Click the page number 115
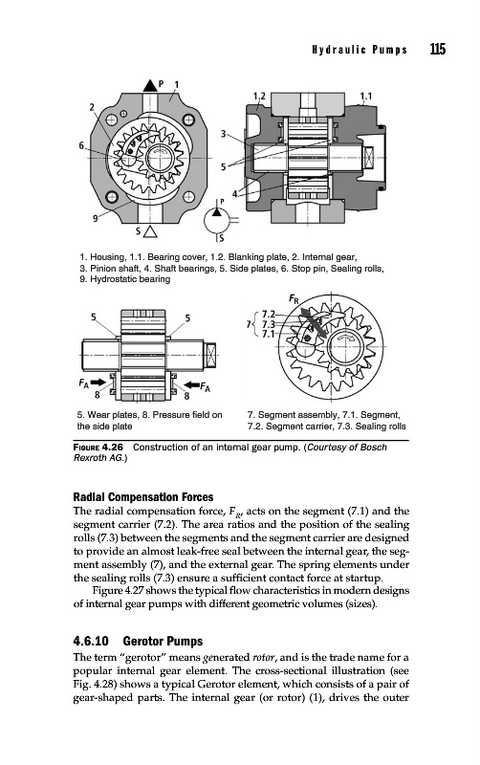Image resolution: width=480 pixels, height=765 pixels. coord(438,50)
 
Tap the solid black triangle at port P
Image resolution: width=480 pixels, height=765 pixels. coord(150,86)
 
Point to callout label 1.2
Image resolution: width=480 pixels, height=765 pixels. coord(259,97)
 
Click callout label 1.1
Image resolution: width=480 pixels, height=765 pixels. coord(365,97)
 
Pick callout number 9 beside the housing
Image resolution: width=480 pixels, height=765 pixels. coord(96,219)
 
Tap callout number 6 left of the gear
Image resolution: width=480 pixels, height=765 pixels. coord(81,145)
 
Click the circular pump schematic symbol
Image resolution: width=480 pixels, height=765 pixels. coord(216,220)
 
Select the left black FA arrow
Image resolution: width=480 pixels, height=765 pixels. coord(98,382)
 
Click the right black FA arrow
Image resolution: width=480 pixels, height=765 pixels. coord(191,382)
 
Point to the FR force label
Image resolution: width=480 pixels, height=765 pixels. coord(294,298)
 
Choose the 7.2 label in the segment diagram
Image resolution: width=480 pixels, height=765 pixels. coord(269,314)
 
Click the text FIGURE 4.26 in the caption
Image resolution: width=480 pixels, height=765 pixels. coord(98,448)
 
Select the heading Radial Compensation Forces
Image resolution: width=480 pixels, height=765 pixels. coord(143,497)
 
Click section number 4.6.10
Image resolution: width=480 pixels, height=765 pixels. coord(90,641)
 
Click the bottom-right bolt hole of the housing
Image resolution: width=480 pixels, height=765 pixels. coord(188,197)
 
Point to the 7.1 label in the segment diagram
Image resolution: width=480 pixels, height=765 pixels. coord(269,334)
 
